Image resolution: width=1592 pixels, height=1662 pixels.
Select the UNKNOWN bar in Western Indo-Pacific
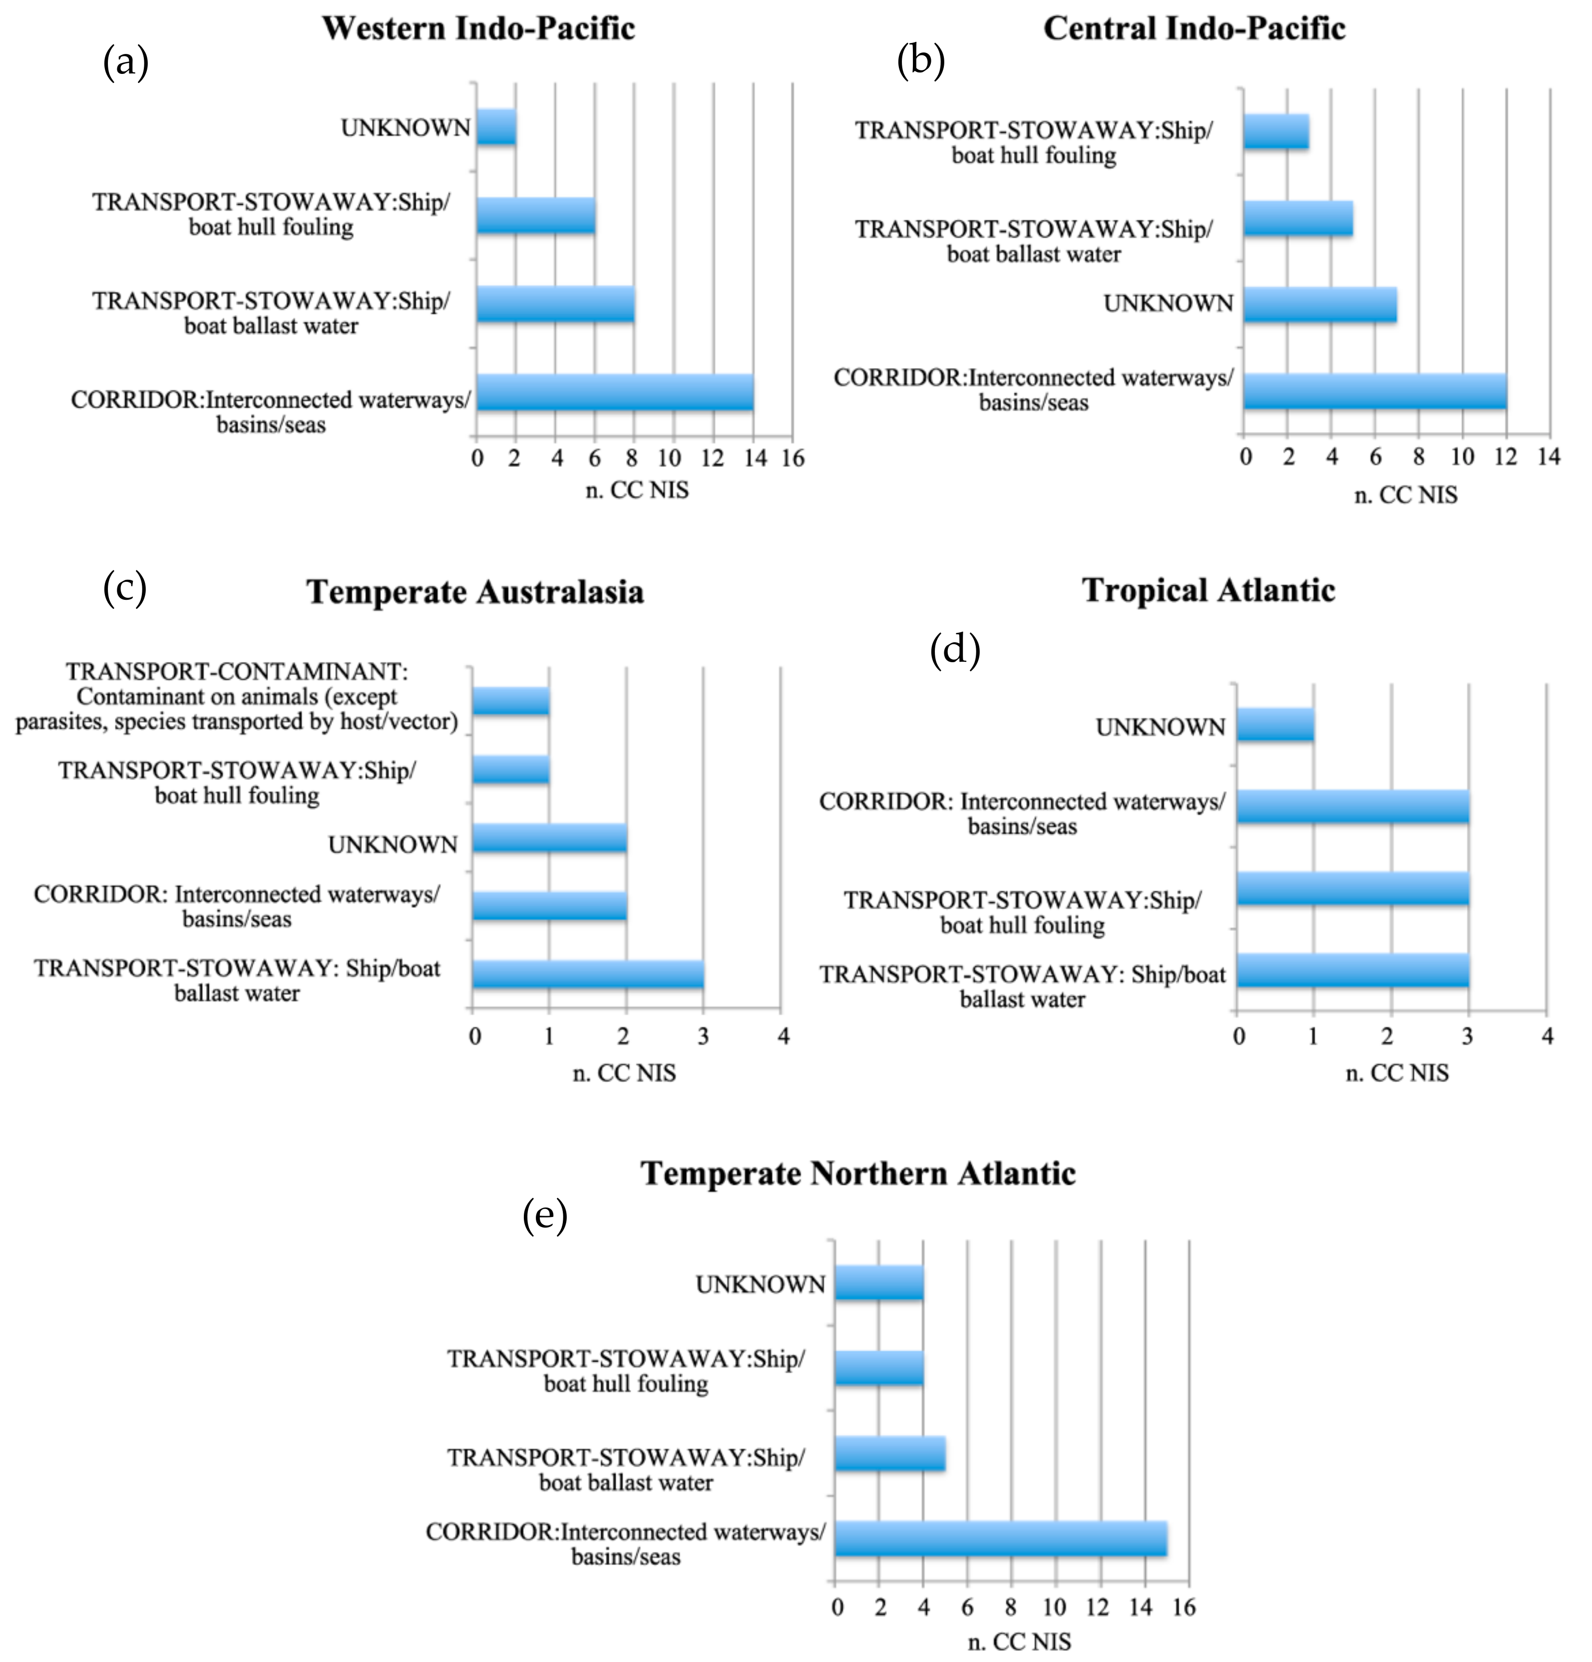click(496, 127)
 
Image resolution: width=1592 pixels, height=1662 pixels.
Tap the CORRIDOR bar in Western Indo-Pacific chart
click(615, 393)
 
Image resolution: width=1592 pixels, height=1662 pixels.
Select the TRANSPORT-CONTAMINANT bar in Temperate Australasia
click(510, 701)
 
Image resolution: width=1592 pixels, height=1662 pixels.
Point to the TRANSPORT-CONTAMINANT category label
click(237, 696)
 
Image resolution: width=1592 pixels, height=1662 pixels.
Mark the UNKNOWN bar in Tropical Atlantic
click(1275, 726)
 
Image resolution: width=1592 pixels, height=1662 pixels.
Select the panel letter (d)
click(954, 650)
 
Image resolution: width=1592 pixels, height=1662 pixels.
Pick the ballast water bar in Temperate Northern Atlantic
click(889, 1454)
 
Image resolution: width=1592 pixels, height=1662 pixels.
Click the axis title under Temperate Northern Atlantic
click(1019, 1642)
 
